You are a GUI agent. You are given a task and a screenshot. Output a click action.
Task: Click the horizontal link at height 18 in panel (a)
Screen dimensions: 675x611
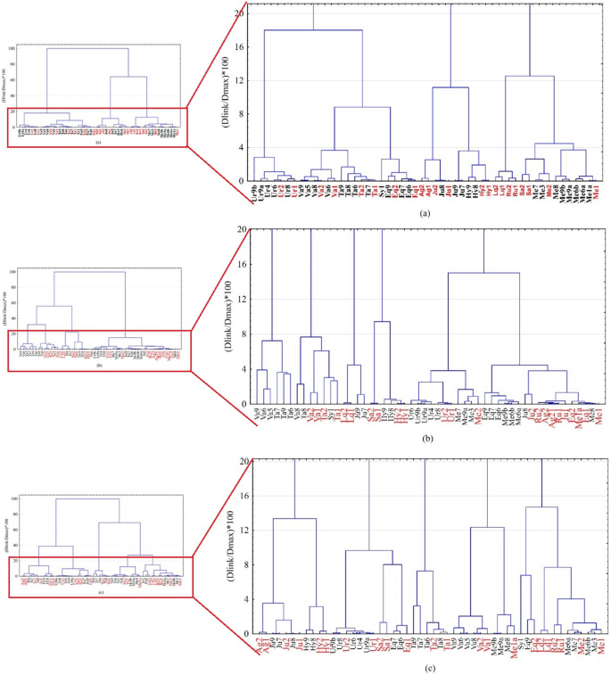click(x=312, y=30)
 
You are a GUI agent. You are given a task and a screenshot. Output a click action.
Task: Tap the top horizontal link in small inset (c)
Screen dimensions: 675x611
click(x=89, y=499)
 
